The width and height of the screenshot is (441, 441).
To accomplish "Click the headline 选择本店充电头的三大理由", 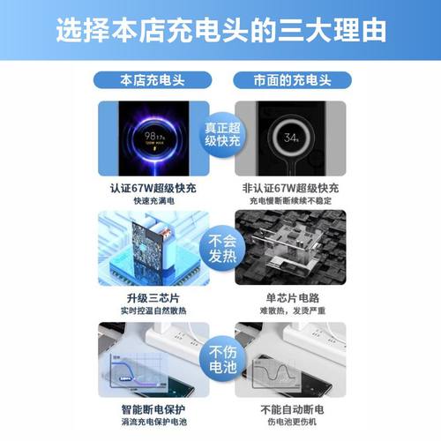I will (x=220, y=30).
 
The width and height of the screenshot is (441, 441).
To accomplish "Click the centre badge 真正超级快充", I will (x=220, y=137).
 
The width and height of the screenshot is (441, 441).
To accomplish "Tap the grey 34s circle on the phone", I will (x=292, y=138).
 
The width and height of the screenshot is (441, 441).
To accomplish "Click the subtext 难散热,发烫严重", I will (x=292, y=310).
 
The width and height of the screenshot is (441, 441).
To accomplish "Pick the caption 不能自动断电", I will (x=292, y=408).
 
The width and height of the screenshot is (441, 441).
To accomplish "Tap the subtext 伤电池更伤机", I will (x=292, y=422).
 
